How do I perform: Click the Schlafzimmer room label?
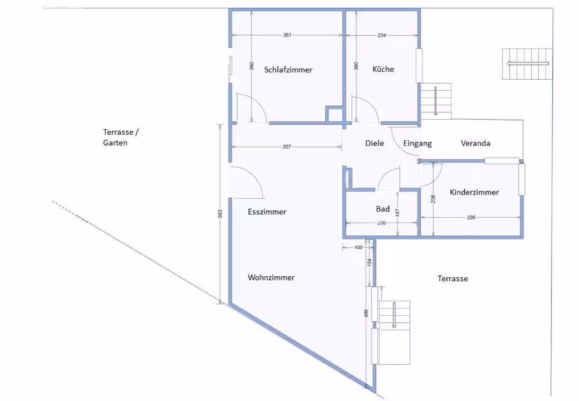[x=288, y=70]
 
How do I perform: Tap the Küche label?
[x=383, y=69]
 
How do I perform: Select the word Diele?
[x=375, y=143]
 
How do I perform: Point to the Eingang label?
[x=417, y=144]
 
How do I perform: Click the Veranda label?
[x=475, y=143]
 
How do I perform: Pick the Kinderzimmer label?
[x=474, y=192]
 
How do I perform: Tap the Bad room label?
[x=382, y=209]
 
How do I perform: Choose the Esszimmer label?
[x=267, y=212]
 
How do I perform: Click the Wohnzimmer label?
[x=271, y=278]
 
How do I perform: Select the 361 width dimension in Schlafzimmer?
[x=287, y=35]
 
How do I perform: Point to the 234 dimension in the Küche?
[x=381, y=36]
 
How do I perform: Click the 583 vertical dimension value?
[x=220, y=214]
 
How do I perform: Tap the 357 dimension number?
[x=287, y=146]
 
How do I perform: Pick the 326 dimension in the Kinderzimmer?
[x=471, y=217]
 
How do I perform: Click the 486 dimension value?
[x=366, y=313]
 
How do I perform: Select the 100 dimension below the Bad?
[x=358, y=247]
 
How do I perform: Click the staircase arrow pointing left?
[x=528, y=63]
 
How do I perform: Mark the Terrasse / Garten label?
[x=120, y=138]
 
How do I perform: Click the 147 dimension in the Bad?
[x=398, y=212]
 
